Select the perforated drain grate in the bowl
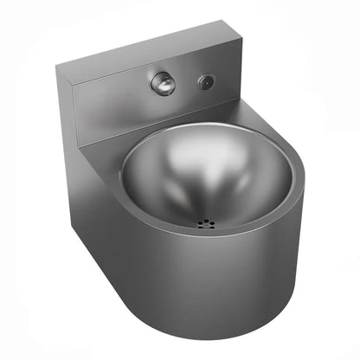[x=205, y=222]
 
